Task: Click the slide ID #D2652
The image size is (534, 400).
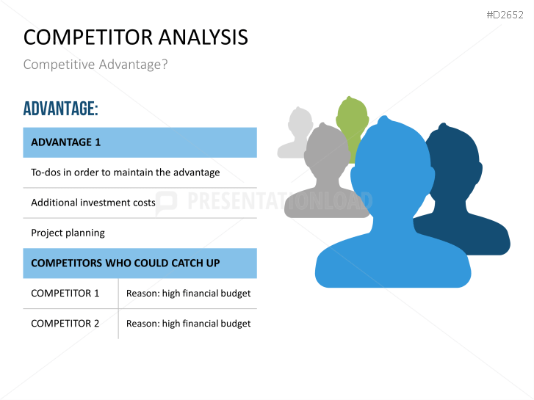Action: tap(505, 15)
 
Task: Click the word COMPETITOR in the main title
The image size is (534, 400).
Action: tap(88, 37)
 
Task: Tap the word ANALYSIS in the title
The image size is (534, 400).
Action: tap(203, 37)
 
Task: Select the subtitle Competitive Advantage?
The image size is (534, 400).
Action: tap(95, 65)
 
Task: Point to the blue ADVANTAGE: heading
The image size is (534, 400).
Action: tap(61, 109)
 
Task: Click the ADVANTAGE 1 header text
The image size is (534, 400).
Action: tap(65, 142)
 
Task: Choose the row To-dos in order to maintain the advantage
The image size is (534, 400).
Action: tap(126, 172)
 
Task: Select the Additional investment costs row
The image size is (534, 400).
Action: tap(93, 203)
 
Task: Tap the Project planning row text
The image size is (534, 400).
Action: tap(68, 233)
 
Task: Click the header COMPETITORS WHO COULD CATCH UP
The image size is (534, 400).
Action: tap(126, 263)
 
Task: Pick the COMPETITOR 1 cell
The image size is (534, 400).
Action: tap(65, 293)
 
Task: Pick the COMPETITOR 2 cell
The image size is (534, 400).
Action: tap(65, 324)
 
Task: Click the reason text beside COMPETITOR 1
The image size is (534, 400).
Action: tap(188, 294)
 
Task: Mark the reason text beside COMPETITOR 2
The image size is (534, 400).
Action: tap(188, 324)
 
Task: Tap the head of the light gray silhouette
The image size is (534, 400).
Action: tap(300, 122)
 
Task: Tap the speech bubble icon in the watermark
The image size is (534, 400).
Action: tap(166, 203)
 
